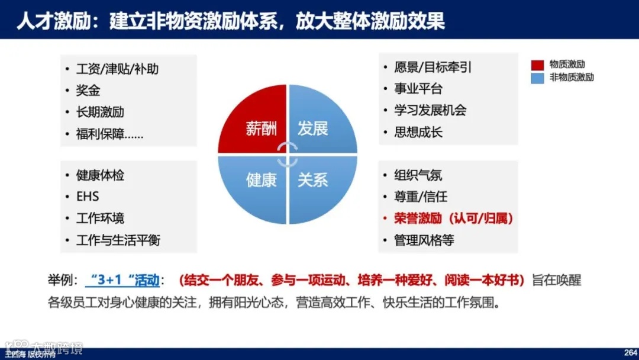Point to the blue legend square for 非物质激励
click(538, 78)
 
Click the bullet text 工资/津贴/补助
click(117, 69)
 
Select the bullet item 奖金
click(88, 91)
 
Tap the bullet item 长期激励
click(100, 112)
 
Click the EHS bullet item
click(88, 197)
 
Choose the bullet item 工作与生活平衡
click(118, 240)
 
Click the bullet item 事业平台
click(418, 89)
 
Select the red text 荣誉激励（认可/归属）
click(453, 218)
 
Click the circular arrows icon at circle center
click(288, 154)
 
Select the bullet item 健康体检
click(100, 175)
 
